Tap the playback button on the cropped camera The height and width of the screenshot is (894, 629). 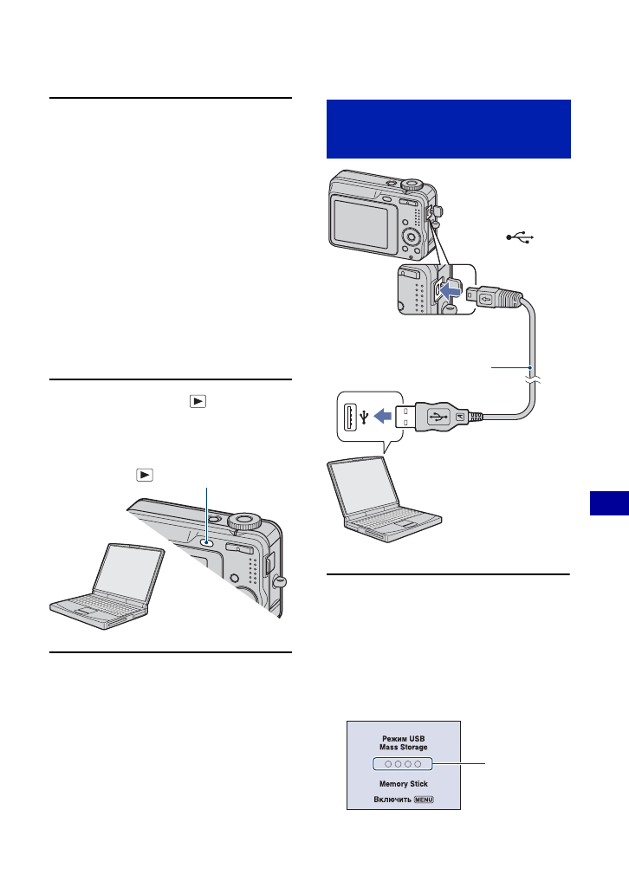pos(206,543)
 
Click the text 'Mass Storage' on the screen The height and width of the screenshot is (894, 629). pos(403,748)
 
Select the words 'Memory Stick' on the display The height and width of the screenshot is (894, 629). pos(403,783)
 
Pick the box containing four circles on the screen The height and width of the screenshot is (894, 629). pos(403,764)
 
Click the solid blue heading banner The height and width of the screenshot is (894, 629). pos(449,128)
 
